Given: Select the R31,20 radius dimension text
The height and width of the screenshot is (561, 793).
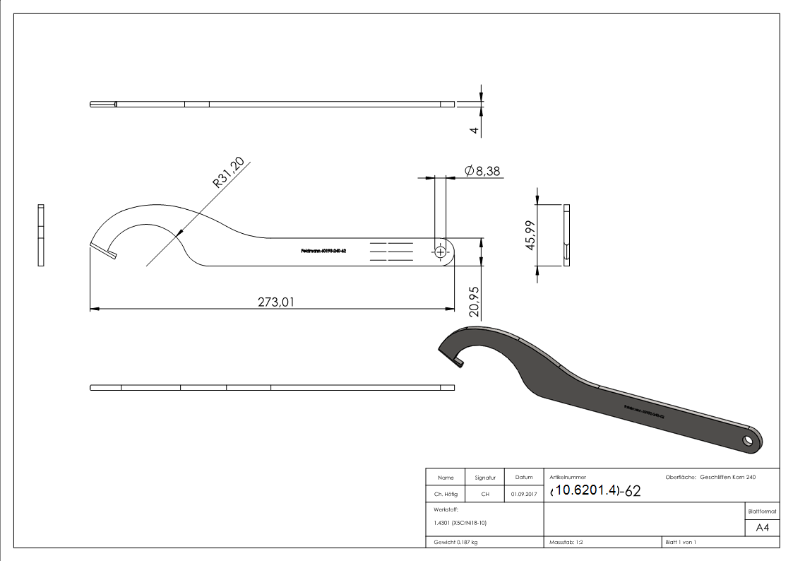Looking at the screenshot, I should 229,173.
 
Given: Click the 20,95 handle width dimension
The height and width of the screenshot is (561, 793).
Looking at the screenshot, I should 475,300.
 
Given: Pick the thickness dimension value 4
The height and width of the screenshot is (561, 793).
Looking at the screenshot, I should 475,129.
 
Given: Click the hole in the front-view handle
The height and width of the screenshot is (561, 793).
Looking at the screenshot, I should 441,252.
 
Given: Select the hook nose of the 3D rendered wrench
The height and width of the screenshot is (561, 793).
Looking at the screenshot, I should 458,362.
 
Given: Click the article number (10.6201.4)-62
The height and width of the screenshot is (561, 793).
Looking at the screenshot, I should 595,490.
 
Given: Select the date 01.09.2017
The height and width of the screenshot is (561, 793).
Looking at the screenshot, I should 523,495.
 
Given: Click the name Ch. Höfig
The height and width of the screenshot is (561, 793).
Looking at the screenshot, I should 445,495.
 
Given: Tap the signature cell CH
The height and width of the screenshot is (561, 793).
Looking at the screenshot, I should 485,495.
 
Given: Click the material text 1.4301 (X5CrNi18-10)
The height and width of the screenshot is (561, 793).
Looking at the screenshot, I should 460,523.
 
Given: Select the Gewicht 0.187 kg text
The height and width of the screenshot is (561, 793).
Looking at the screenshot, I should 455,542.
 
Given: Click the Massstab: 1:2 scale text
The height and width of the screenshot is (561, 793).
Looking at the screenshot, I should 567,542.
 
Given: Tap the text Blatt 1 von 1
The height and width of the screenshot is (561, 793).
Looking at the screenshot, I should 681,542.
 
